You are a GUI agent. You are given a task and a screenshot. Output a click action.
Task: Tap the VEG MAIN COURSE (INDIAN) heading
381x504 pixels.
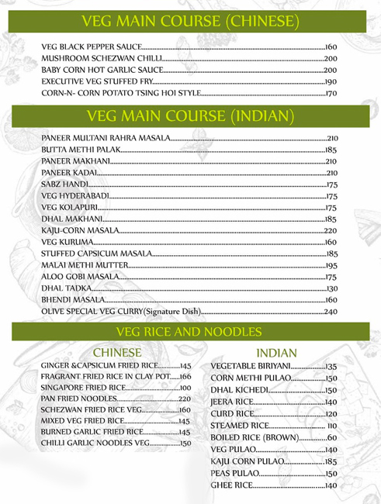click(x=190, y=117)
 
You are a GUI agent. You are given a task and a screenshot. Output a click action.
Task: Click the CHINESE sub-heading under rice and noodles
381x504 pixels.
click(x=116, y=351)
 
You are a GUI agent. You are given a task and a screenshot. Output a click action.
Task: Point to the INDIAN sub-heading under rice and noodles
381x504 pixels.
click(x=276, y=353)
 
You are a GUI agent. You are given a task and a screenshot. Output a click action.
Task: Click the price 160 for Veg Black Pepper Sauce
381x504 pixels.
click(x=331, y=47)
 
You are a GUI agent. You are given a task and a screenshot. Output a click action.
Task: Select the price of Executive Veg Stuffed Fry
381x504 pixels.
click(x=331, y=82)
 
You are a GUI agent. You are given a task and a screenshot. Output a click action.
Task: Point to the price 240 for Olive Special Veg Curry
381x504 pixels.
click(x=331, y=312)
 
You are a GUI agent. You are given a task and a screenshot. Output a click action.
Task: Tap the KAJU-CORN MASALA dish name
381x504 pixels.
click(x=80, y=230)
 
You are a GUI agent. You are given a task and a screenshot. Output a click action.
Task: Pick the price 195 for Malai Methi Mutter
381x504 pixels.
click(x=331, y=265)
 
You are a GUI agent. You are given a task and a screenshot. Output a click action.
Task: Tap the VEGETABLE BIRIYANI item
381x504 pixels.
click(x=251, y=366)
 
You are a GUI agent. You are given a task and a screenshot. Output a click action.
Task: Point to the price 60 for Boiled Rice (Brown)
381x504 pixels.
click(x=331, y=438)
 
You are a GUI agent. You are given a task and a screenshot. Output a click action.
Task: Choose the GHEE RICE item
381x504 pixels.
click(x=232, y=485)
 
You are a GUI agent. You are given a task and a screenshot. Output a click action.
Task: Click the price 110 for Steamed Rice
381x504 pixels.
click(x=331, y=426)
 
